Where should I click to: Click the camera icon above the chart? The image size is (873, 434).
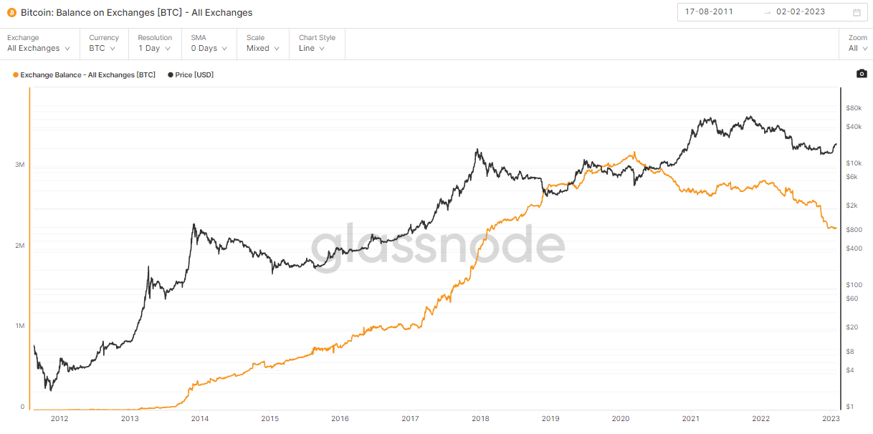pos(862,74)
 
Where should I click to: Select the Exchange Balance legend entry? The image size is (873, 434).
pos(87,74)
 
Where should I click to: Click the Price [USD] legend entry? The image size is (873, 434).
pos(194,74)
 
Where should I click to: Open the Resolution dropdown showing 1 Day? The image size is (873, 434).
pos(154,48)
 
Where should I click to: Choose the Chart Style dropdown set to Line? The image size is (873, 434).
pos(312,48)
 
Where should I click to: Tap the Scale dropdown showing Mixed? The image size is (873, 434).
pos(263,48)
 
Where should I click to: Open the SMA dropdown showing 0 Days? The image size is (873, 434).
pos(208,48)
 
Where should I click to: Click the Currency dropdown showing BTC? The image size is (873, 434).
pos(102,48)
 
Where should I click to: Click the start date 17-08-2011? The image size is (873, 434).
pos(709,12)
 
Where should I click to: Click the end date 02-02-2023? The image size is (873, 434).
pos(800,12)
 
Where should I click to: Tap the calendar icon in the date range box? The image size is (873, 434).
pos(857,12)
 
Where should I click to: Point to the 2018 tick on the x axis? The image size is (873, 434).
pos(480,419)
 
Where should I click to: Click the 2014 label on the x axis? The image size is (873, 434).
pos(200,419)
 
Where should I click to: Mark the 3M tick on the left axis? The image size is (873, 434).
pos(20,165)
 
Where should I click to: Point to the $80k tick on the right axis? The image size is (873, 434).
pos(853,108)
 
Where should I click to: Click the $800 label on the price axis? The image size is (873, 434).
pos(854,230)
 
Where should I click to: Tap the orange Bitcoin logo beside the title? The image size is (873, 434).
pos(11,13)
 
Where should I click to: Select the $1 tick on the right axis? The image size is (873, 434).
pos(850,407)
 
